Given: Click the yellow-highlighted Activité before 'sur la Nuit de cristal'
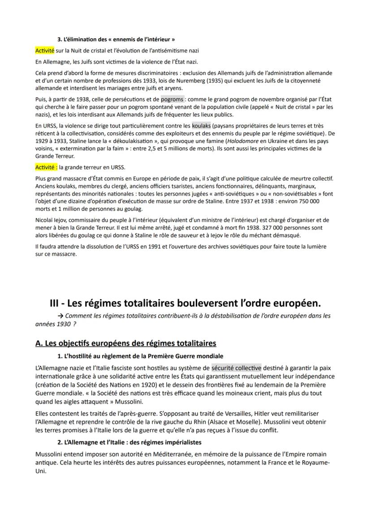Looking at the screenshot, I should [x=45, y=51].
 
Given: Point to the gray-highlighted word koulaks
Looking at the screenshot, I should [x=201, y=126].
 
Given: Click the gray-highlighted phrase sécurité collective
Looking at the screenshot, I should [x=237, y=368].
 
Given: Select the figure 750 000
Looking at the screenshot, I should [x=308, y=202].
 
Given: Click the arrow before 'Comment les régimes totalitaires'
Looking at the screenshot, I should [x=61, y=316].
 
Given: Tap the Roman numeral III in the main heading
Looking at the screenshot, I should [x=56, y=303].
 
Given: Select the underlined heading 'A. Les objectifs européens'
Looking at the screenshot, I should [x=125, y=343].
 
